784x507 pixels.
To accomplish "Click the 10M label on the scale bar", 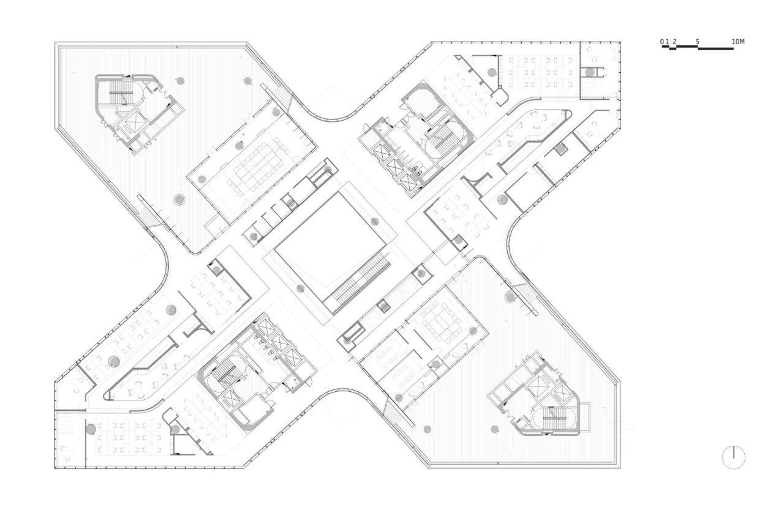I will pos(738,42).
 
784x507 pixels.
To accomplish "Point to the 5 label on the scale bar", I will pos(698,42).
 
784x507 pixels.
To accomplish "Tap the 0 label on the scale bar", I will pos(662,42).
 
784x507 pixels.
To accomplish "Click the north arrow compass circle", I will pos(733,457).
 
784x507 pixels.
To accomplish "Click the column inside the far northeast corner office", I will pos(589,72).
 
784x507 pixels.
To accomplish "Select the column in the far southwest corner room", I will pos(91,429).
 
